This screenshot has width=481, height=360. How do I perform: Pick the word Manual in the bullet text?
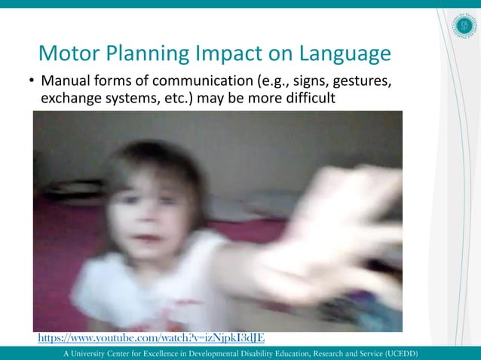click(66, 81)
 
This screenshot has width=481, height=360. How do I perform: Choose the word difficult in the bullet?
click(305, 99)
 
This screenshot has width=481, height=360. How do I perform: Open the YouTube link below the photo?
click(152, 338)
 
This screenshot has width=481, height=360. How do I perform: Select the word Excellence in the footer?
click(160, 353)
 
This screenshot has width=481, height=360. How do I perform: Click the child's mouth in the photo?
click(148, 239)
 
